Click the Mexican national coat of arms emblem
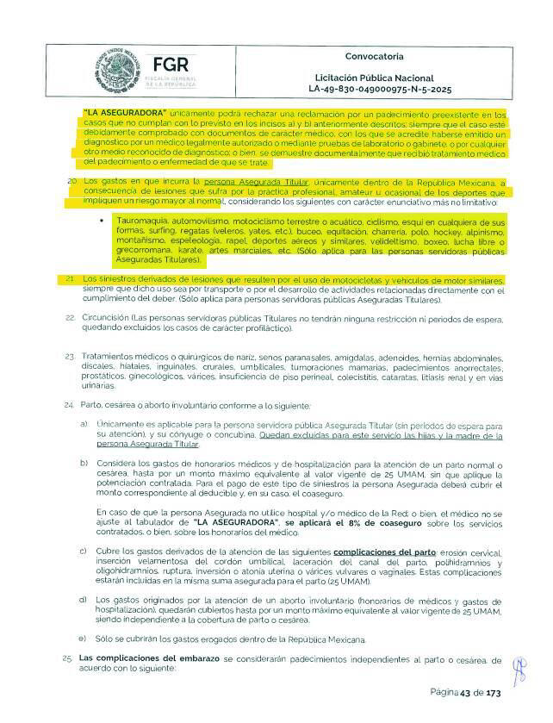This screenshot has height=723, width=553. click(x=116, y=68)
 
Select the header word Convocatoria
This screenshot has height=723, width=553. click(x=374, y=57)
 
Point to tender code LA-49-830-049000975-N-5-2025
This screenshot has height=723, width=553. click(x=379, y=90)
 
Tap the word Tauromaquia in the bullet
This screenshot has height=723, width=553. click(x=140, y=221)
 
